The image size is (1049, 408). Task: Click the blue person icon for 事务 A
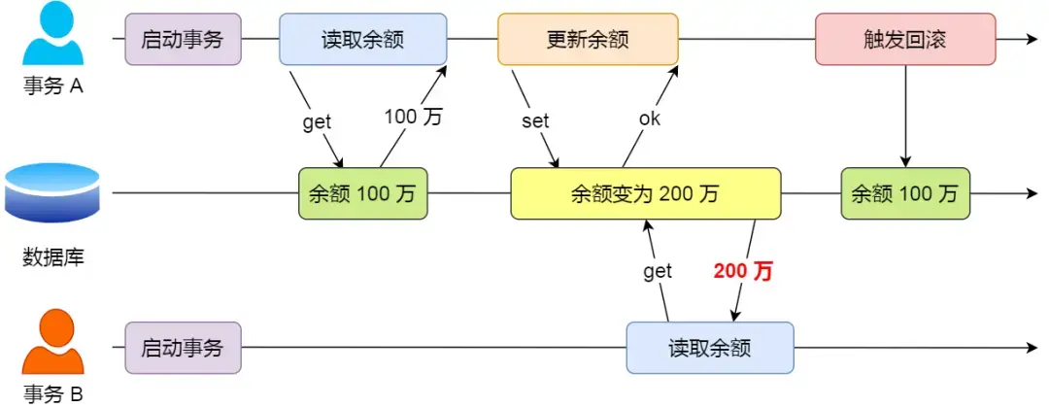[54, 37]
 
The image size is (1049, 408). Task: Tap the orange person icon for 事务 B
[54, 345]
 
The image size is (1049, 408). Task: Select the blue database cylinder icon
[52, 193]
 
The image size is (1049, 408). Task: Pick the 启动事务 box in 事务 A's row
[183, 40]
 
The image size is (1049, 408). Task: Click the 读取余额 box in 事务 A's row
[362, 40]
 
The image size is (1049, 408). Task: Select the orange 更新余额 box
[587, 40]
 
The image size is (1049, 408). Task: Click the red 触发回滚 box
[905, 40]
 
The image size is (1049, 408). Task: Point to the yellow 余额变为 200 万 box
[646, 193]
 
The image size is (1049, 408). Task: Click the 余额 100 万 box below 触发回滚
[905, 193]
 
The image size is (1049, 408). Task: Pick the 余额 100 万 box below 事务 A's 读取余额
[362, 193]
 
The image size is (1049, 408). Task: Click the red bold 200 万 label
[743, 271]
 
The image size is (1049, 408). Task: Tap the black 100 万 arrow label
[413, 118]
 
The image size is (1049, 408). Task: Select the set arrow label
[535, 121]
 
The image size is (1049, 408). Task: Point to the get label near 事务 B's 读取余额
[658, 272]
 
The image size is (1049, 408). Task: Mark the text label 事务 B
[53, 394]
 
